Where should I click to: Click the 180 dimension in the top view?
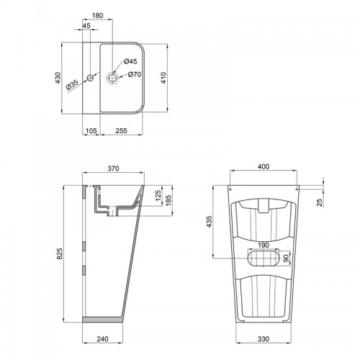click(98, 16)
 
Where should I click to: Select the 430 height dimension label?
click(58, 78)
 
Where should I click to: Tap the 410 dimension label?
click(163, 78)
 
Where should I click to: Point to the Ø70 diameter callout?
click(135, 74)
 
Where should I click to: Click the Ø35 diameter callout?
click(72, 85)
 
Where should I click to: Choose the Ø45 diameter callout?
click(130, 61)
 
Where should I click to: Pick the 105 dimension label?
click(91, 131)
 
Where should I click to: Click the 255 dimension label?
click(122, 131)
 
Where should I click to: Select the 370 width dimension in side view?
click(113, 168)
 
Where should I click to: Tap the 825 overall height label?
click(60, 253)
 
